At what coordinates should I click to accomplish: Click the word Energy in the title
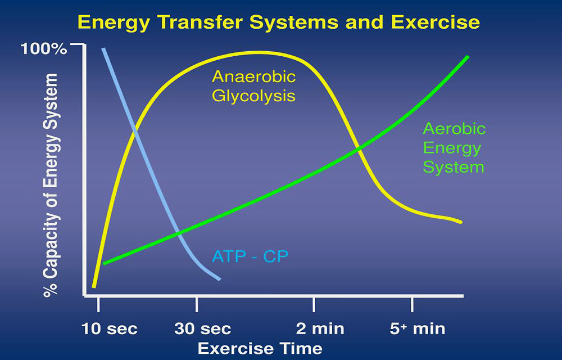pos(114,23)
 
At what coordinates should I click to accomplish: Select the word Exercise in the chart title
pos(436,22)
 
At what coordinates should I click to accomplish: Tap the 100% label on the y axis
pos(44,49)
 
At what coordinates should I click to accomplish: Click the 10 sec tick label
pos(110,329)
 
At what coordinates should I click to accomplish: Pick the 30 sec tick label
pos(202,329)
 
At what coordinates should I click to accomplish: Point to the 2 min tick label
pos(320,329)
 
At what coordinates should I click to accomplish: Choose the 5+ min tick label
pos(417,329)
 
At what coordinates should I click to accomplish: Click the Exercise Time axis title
pos(260,349)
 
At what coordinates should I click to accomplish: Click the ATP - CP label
pos(250,256)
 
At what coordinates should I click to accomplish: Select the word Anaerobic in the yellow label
pos(254,76)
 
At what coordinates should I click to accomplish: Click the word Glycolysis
pos(254,96)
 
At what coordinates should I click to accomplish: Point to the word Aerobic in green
pos(454,129)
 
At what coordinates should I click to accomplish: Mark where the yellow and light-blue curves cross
pos(135,131)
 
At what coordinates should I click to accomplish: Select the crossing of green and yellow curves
pos(357,150)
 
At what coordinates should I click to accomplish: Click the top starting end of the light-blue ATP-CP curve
pos(103,48)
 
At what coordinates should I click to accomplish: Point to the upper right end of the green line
pos(468,57)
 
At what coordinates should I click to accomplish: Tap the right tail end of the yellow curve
pos(461,222)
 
